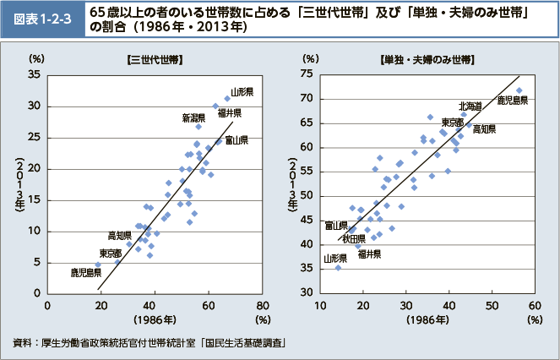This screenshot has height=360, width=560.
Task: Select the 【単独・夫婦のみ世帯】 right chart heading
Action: click(427, 60)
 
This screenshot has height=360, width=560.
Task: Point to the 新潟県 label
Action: click(193, 117)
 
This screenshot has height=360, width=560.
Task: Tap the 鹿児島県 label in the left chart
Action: click(86, 272)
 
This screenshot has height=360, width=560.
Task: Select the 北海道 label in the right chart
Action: click(470, 106)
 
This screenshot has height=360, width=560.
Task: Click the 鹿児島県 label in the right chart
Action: click(513, 100)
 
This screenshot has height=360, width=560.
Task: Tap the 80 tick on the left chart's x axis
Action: click(264, 305)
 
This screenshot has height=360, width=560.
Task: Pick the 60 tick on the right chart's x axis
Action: click(535, 305)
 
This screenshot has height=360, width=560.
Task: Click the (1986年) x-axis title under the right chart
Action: click(428, 320)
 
